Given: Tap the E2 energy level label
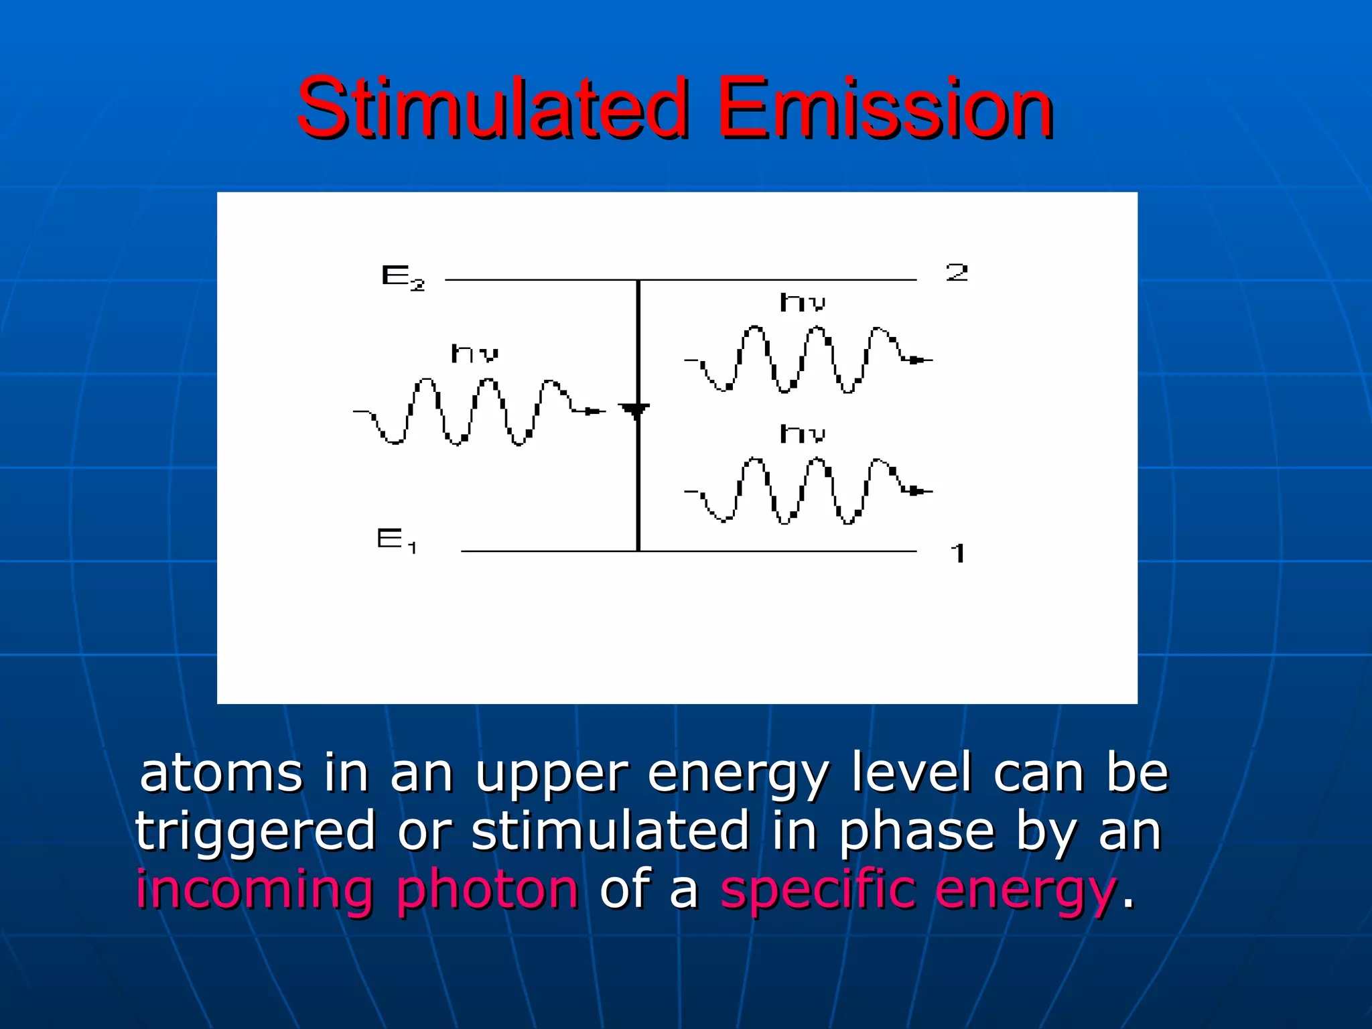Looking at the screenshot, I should click(x=402, y=277).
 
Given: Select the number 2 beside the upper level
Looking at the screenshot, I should click(x=957, y=273).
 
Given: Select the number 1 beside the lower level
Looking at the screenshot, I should click(x=958, y=553).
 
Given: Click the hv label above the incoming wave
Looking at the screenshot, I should click(x=474, y=353).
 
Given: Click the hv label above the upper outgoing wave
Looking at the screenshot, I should click(x=802, y=303).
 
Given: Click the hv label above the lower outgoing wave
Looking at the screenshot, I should click(x=802, y=434).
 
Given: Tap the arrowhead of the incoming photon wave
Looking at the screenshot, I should click(x=594, y=411).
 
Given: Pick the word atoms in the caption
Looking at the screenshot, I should click(x=221, y=774).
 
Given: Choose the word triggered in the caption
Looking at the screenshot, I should click(x=255, y=831).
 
